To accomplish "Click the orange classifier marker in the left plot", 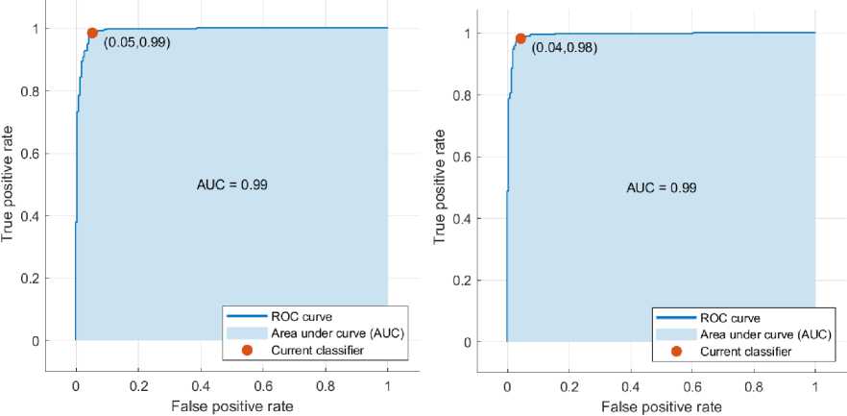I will point(92,33).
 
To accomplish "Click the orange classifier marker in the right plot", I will point(520,38).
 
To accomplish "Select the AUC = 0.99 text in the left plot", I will point(231,184).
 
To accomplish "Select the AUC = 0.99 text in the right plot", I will point(661,187).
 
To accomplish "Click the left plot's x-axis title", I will point(231,406).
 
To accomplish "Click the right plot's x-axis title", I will point(661,406).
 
